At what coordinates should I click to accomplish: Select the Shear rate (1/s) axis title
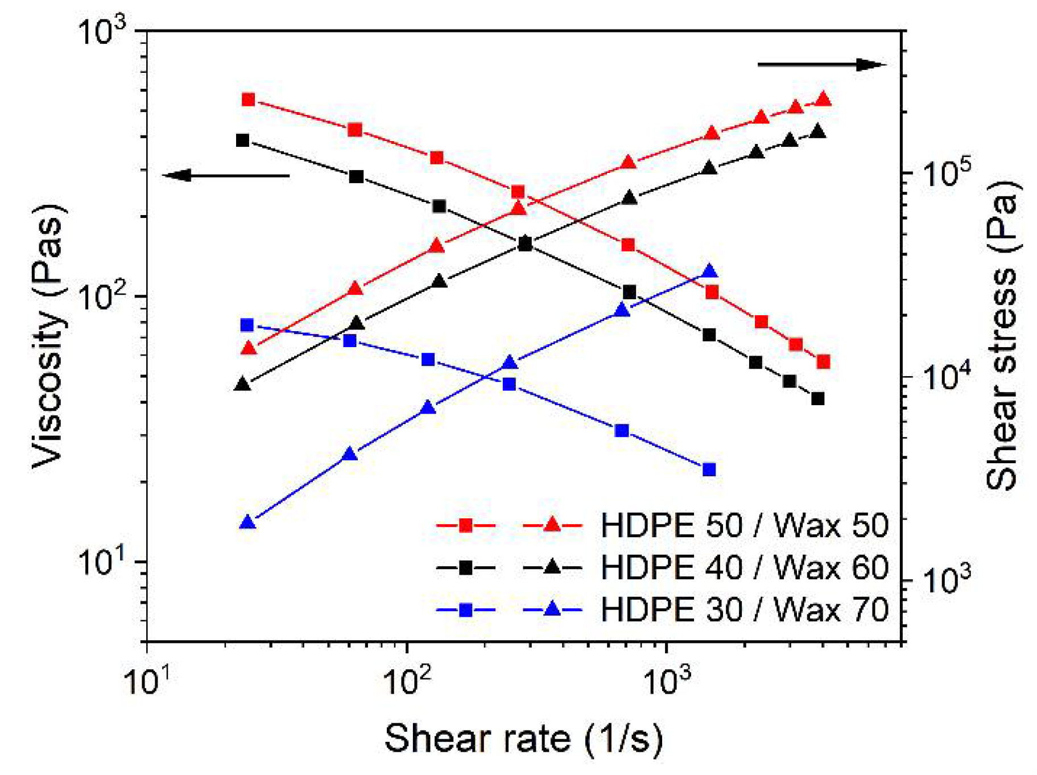pos(523,738)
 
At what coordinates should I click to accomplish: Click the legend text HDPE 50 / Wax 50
pos(744,525)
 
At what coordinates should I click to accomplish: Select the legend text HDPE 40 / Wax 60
pos(744,567)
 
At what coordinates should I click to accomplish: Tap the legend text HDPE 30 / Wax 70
pos(744,609)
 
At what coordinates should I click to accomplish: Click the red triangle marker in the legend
pos(551,524)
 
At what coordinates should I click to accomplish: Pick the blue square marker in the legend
pos(466,610)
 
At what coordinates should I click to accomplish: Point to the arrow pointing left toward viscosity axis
pos(226,175)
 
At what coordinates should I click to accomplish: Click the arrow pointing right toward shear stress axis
pos(822,65)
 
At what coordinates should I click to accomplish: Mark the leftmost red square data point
pos(248,100)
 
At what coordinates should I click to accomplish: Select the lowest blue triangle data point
pos(247,522)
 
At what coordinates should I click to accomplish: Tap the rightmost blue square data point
pos(709,469)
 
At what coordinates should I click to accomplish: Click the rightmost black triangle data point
pos(818,131)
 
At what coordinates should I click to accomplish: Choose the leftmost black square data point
pos(243,140)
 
